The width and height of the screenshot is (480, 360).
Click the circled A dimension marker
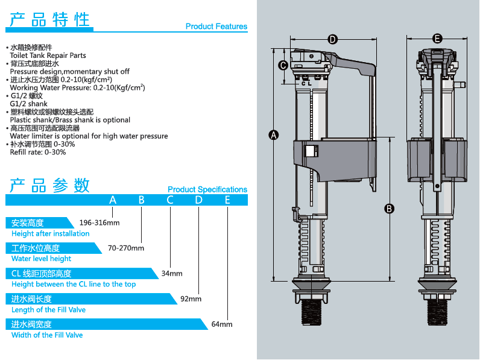pos(273,135)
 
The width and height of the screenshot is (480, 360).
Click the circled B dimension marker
pos(390,209)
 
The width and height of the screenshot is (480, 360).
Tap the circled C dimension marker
pos(282,65)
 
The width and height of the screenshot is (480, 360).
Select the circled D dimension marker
pos(332,39)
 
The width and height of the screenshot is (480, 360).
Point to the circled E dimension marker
pos(437,39)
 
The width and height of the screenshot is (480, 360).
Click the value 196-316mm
pos(99,223)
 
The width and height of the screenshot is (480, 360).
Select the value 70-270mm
pos(126,248)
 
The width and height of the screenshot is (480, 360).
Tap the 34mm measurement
pos(172,273)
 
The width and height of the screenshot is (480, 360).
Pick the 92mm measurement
pos(191,298)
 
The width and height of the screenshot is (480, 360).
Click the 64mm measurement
pos(222,324)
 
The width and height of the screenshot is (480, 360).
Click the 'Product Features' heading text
pos(216,27)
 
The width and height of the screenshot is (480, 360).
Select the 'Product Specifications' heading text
pos(207,189)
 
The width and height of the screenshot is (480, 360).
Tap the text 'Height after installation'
pos(51,233)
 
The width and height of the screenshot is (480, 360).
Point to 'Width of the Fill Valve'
pos(47,335)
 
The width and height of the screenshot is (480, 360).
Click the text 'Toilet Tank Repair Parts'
pos(48,55)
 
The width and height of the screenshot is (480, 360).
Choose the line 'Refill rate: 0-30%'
pos(39,152)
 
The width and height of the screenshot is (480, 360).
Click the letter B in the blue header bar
pos(141,200)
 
